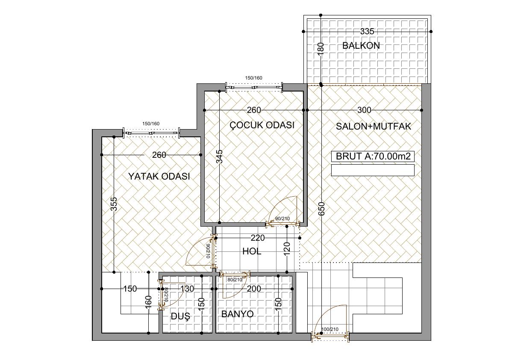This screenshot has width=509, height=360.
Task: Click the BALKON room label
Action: click(361, 45)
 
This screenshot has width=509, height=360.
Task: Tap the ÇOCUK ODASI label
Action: click(262, 125)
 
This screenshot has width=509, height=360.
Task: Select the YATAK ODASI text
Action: click(159, 177)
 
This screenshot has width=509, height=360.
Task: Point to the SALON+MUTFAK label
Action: click(374, 126)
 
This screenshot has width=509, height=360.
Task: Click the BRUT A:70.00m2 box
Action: click(373, 156)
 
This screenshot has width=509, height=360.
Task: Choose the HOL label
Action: click(252, 251)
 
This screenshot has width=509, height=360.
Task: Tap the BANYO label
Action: click(237, 314)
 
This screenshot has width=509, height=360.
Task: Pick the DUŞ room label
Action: click(180, 316)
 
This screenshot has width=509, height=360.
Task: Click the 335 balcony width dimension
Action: click(367, 32)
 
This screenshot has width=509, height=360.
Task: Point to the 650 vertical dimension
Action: click(321, 210)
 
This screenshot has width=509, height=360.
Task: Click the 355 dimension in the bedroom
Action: click(114, 204)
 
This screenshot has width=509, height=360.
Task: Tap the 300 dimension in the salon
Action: click(364, 110)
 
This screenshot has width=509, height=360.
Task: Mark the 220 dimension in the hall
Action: click(258, 238)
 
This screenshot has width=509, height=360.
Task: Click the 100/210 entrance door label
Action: click(330, 330)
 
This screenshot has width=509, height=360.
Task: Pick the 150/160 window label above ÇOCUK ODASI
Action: click(253, 78)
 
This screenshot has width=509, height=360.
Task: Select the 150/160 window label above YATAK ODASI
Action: click(151, 124)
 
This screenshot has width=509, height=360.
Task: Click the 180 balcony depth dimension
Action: click(321, 50)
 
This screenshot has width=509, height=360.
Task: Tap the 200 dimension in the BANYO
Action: click(253, 289)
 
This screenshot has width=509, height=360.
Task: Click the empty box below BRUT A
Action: click(373, 170)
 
